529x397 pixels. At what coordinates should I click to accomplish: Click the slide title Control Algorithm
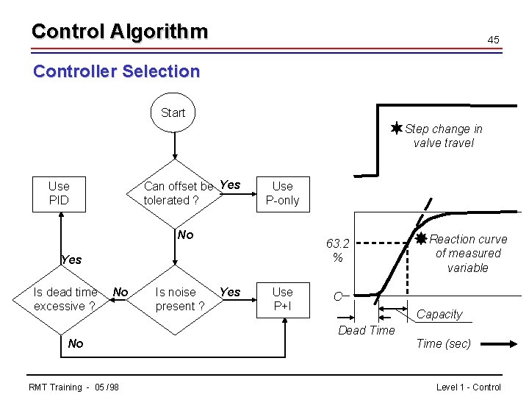[x=120, y=32]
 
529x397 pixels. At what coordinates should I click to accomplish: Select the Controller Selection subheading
[x=117, y=71]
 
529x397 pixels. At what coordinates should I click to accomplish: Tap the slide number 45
[x=493, y=39]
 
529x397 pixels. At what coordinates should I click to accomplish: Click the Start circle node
[x=173, y=112]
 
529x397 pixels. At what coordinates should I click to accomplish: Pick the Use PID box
[x=59, y=193]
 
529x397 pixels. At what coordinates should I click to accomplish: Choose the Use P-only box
[x=282, y=193]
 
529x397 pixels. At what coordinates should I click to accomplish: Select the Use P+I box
[x=282, y=299]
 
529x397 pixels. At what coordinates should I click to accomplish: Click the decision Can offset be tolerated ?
[x=175, y=193]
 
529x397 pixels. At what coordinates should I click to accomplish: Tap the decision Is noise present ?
[x=175, y=299]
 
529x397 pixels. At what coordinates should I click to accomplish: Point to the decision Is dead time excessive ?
[x=65, y=299]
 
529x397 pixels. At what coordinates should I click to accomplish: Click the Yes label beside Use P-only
[x=230, y=185]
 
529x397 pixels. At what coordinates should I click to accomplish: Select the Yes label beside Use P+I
[x=230, y=292]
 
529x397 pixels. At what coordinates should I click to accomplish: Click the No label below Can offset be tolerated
[x=185, y=235]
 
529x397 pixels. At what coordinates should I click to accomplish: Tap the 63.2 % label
[x=337, y=250]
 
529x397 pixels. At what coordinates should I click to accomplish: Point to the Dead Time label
[x=366, y=330]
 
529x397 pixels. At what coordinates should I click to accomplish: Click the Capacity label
[x=439, y=314]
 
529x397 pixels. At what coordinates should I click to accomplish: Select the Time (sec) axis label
[x=443, y=343]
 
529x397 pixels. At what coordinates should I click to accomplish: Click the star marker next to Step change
[x=396, y=129]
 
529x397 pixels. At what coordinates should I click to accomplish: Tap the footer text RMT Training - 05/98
[x=73, y=387]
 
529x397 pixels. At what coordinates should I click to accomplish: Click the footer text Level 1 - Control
[x=468, y=387]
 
